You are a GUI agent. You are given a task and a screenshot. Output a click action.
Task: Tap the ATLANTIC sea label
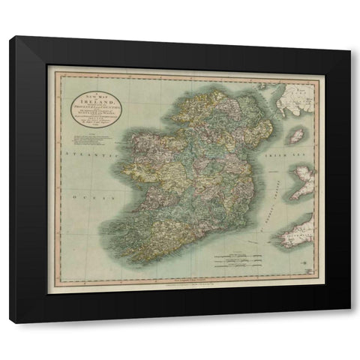tap(83, 152)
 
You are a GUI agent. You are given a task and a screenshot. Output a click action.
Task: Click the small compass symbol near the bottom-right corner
tap(307, 266)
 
